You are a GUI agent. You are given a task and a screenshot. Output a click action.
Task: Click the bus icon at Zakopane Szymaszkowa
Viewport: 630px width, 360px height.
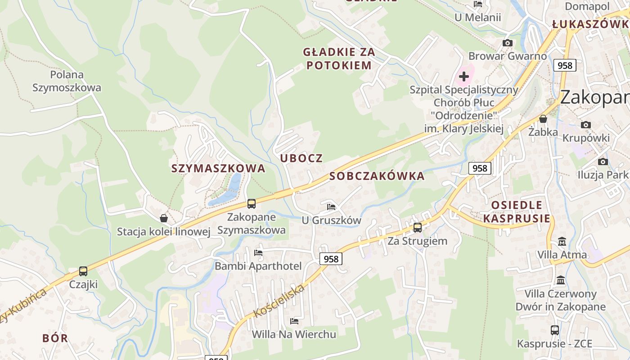[x=252, y=203]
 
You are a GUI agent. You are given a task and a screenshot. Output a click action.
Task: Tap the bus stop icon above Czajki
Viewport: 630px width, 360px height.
[x=83, y=271]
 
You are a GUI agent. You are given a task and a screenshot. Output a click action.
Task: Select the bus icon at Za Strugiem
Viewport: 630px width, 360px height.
[x=418, y=228]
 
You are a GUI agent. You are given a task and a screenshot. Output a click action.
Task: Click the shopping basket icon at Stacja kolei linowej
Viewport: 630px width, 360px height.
[x=164, y=218]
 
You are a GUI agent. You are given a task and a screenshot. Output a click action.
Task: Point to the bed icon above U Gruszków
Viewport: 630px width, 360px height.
[x=331, y=207]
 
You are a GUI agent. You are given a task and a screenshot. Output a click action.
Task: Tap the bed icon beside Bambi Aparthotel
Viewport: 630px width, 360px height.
[x=258, y=253]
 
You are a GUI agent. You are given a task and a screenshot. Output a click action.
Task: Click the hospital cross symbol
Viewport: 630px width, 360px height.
[x=464, y=76]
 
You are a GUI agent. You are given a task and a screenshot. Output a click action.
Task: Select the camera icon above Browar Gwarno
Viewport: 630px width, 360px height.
[x=508, y=43]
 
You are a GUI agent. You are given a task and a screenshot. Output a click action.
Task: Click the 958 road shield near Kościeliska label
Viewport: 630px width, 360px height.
[x=331, y=259]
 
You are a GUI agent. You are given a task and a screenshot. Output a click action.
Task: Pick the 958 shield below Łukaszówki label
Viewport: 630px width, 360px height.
[x=565, y=65]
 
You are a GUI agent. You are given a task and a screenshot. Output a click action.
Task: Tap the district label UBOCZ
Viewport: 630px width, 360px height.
[x=301, y=158]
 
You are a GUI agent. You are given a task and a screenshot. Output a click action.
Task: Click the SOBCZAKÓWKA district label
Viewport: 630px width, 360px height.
[x=377, y=176]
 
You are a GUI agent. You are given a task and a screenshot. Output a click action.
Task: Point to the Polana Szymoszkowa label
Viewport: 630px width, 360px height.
[x=67, y=81]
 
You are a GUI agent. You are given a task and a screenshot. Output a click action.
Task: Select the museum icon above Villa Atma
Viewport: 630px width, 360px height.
[x=562, y=242]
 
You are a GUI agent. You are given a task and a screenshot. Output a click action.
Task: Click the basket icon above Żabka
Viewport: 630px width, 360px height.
[x=543, y=119]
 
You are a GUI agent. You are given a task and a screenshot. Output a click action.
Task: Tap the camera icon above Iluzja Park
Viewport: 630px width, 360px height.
[x=603, y=162]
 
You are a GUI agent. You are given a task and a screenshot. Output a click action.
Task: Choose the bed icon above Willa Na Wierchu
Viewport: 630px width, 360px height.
[x=294, y=321]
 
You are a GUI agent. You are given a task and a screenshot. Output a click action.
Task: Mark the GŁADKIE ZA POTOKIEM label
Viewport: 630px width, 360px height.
[x=339, y=58]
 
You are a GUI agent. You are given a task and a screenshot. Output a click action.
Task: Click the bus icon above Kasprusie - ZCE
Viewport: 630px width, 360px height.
[x=555, y=330]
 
